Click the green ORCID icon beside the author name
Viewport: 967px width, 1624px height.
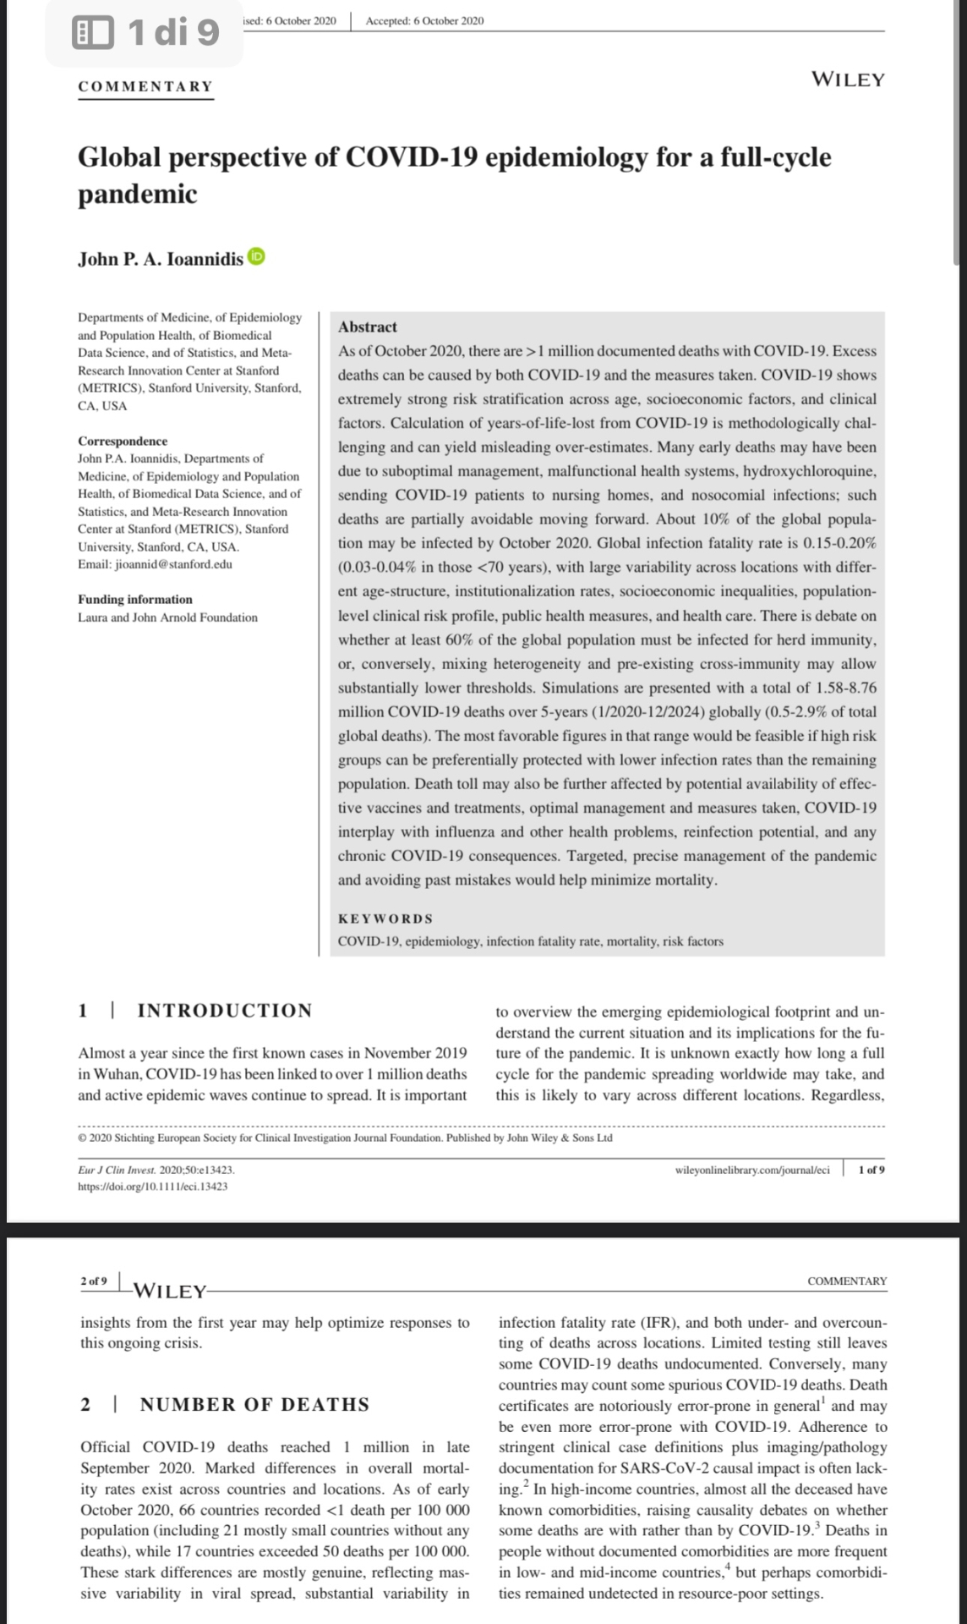point(256,257)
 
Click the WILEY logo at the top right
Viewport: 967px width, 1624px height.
point(848,80)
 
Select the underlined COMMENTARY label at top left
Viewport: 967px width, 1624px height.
point(145,86)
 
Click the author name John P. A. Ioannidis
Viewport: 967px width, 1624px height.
point(161,259)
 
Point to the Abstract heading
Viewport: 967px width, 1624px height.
point(367,326)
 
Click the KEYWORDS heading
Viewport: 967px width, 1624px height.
point(385,919)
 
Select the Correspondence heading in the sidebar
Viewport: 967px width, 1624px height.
point(123,441)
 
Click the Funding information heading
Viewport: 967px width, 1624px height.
point(135,599)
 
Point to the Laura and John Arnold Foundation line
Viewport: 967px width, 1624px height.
point(167,617)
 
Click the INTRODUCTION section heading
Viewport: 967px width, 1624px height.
point(224,1010)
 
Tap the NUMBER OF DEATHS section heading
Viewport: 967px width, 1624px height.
point(254,1404)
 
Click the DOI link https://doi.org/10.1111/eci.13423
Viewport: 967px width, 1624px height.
point(152,1186)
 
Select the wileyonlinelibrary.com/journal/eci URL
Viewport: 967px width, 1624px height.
point(752,1170)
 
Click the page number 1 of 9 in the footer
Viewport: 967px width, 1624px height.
point(871,1170)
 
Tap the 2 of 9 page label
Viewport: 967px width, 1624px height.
point(94,1281)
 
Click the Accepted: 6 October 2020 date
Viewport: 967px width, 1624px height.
point(424,20)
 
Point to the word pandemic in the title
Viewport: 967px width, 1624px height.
point(138,195)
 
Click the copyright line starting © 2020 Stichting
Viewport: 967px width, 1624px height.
point(344,1138)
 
